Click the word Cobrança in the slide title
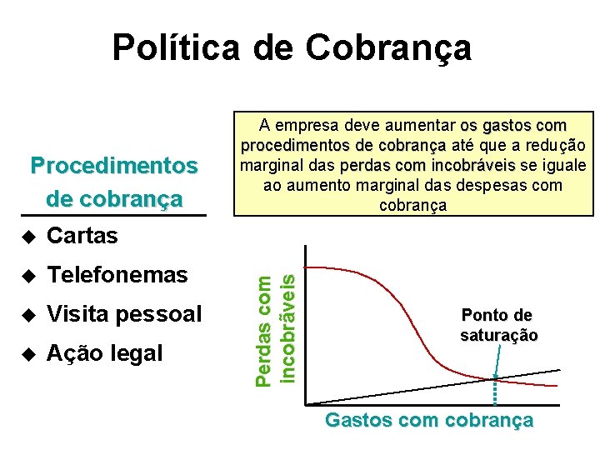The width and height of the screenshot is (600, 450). point(389,47)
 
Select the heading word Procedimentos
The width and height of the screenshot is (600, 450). point(114,165)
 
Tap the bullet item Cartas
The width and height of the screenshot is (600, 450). point(82,236)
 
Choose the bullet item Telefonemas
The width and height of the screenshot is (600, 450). point(117,275)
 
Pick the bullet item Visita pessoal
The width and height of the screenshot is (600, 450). point(124,314)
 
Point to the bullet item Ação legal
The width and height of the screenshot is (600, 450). point(105,353)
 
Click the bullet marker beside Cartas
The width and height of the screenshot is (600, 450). point(29,237)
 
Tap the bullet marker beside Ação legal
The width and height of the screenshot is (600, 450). point(29,354)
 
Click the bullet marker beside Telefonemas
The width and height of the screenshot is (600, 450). point(29,276)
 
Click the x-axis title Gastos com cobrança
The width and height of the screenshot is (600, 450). point(428,420)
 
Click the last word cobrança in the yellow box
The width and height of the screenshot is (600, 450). point(413,205)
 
